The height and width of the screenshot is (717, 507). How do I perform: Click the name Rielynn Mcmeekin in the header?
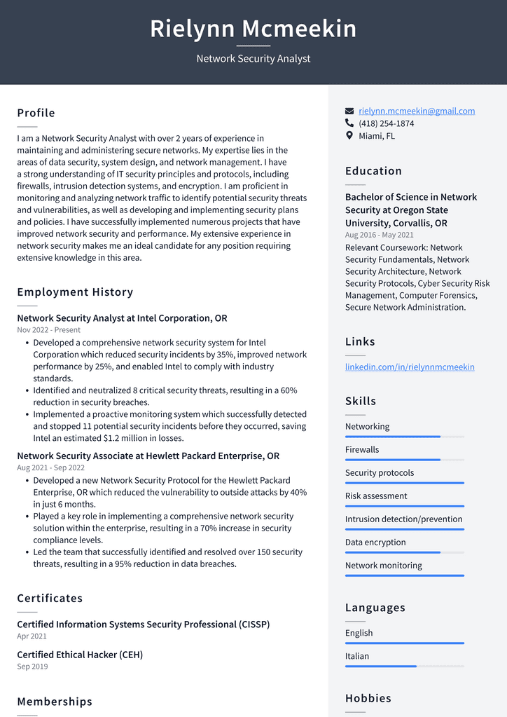(x=253, y=29)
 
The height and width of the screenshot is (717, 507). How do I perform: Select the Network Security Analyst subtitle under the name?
(x=253, y=59)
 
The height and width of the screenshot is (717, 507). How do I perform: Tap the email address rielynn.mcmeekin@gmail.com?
(x=417, y=111)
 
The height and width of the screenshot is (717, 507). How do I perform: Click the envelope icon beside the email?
(x=349, y=111)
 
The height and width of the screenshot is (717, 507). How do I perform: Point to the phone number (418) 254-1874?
(x=386, y=123)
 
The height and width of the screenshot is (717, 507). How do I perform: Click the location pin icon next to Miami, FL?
(x=349, y=136)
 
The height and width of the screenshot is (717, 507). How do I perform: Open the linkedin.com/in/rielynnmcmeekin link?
(x=410, y=367)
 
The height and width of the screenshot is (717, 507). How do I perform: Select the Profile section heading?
(x=36, y=113)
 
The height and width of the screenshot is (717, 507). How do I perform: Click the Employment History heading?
(x=75, y=292)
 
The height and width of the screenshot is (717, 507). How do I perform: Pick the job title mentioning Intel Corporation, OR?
(x=122, y=318)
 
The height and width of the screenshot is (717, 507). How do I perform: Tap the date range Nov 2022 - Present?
(x=48, y=330)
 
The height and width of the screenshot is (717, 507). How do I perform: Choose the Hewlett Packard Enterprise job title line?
(x=148, y=456)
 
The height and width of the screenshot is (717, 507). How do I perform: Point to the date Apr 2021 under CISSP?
(x=32, y=636)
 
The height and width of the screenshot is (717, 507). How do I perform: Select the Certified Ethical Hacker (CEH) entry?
(x=80, y=655)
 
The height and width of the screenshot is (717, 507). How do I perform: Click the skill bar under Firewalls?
(x=404, y=460)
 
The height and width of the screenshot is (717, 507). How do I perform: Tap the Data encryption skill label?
(x=375, y=542)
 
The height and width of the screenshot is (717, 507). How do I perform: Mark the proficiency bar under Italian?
(x=404, y=667)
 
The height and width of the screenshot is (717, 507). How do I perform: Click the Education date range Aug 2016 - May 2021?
(x=379, y=235)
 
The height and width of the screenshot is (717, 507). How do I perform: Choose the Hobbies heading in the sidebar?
(x=368, y=698)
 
